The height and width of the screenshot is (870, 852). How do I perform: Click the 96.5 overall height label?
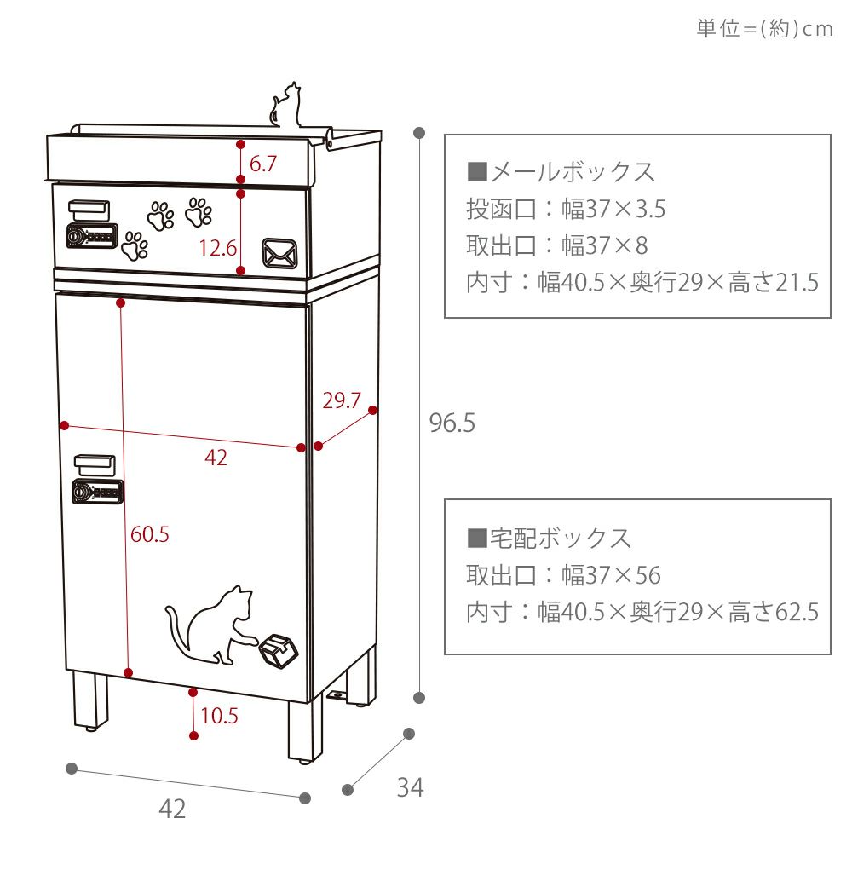[452, 423]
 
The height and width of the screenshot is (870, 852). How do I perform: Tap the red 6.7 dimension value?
[262, 164]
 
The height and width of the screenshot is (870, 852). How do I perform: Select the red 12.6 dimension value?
[217, 248]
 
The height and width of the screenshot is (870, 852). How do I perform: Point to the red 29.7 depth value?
[342, 400]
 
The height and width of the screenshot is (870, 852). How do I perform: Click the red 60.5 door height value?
[149, 534]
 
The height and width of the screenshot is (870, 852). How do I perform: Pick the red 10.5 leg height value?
[219, 716]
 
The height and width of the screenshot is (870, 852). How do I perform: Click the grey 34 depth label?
[410, 788]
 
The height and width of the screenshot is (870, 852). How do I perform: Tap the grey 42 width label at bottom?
[172, 809]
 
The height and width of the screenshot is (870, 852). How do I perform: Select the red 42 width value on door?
[216, 458]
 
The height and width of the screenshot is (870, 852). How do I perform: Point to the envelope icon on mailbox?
[280, 253]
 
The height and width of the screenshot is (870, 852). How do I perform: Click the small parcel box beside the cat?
[279, 649]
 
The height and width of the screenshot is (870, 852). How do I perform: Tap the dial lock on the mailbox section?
[90, 236]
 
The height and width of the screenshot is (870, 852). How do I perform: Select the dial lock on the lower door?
[97, 492]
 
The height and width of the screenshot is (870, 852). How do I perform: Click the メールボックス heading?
[561, 171]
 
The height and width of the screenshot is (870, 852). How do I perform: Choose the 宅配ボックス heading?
[550, 538]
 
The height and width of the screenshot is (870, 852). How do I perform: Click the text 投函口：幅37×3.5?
[566, 208]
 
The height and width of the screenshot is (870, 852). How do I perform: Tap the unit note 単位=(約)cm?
[764, 29]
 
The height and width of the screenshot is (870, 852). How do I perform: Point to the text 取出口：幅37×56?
[563, 575]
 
